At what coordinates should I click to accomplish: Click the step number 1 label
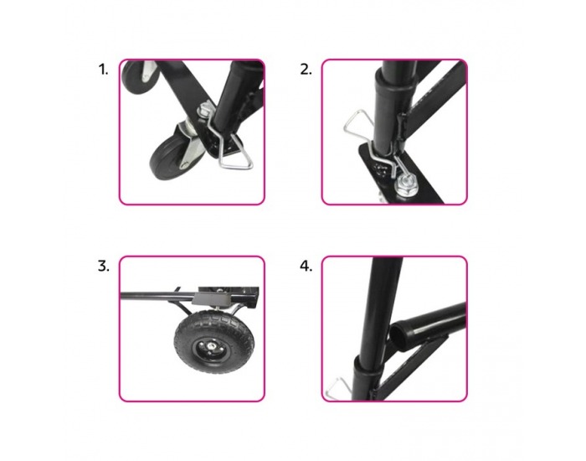coord(103,70)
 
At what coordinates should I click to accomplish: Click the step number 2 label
coord(306,70)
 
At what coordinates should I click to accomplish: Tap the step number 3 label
coord(104,267)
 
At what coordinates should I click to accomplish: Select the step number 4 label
coord(306,267)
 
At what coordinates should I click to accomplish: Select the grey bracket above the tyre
coord(211,298)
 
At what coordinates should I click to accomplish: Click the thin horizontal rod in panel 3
coord(157,296)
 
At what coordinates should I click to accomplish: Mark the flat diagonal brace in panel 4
coord(415,369)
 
